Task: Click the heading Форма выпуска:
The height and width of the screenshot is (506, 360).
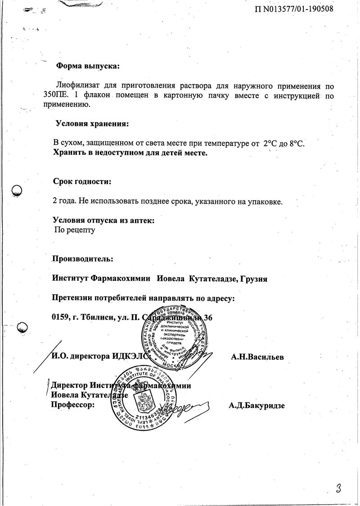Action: tap(88, 66)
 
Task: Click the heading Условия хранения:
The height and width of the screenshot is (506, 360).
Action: tap(91, 123)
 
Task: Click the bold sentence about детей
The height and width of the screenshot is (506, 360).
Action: tap(130, 153)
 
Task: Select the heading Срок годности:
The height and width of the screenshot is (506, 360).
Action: tap(82, 182)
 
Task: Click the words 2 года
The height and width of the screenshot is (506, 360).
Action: tap(64, 201)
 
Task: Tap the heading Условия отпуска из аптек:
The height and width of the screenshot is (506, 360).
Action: tap(103, 221)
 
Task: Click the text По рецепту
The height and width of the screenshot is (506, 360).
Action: tap(75, 230)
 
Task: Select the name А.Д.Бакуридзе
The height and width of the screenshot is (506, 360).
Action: tap(256, 405)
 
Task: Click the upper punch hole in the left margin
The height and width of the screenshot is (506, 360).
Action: tap(17, 191)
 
